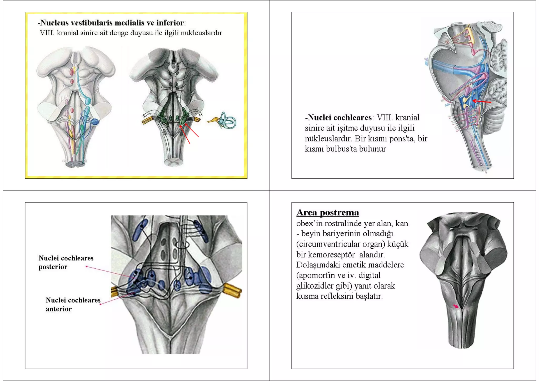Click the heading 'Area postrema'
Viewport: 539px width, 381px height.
tap(327, 212)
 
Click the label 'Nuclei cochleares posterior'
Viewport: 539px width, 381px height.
tap(66, 262)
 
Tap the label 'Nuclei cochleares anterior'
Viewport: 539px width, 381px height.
tap(73, 304)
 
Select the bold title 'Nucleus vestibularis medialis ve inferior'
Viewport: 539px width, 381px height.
tap(112, 23)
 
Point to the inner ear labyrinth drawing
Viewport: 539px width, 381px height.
tap(226, 121)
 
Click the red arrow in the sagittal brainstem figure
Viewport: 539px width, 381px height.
tap(482, 101)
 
